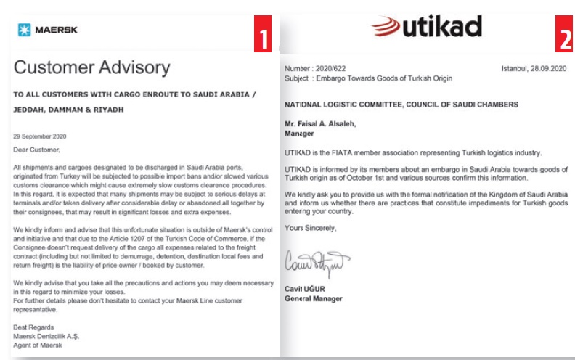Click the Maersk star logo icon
(x=25, y=29)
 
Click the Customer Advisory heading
(x=91, y=68)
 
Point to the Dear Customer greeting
(x=38, y=150)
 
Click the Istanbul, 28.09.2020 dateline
(x=532, y=68)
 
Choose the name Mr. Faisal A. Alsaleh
(x=325, y=124)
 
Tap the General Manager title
(x=314, y=298)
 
